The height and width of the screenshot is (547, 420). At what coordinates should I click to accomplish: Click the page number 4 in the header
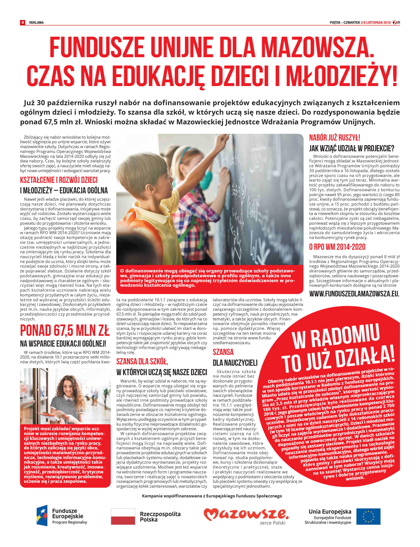click(x=23, y=22)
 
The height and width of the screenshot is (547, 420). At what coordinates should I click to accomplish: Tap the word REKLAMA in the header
click(x=36, y=23)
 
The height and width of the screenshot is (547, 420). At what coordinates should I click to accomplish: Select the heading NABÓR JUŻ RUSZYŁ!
click(x=335, y=138)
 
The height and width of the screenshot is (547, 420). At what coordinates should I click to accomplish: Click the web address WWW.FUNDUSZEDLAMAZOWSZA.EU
click(x=354, y=294)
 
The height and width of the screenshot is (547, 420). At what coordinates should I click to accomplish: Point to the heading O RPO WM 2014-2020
click(x=337, y=247)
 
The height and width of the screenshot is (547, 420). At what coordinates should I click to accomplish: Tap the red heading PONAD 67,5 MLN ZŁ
click(x=65, y=330)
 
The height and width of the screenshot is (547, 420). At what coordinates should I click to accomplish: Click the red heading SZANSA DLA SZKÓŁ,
click(x=142, y=361)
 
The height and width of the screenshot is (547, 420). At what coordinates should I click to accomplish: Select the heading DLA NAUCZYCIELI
click(x=235, y=363)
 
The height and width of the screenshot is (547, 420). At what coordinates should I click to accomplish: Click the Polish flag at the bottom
click(x=123, y=517)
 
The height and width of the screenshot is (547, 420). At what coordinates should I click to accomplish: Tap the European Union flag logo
click(x=368, y=517)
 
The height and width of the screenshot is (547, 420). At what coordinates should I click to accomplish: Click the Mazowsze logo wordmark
click(x=246, y=514)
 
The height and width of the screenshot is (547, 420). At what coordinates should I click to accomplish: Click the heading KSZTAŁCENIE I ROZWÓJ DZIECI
click(x=59, y=180)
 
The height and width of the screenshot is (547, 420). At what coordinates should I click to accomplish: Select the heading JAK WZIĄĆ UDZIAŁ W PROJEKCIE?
click(x=352, y=148)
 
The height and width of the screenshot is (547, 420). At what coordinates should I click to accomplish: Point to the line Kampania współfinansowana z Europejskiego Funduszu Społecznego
click(x=212, y=496)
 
